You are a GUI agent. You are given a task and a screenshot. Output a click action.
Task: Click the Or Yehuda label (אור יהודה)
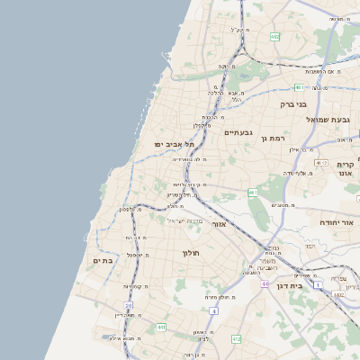[x=337, y=221]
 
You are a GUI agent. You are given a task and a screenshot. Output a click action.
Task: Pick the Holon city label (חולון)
[x=194, y=253]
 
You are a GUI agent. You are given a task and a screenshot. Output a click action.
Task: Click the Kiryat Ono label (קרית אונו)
[x=346, y=168]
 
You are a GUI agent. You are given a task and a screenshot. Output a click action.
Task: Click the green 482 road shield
[x=274, y=36]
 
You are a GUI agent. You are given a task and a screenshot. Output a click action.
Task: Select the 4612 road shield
[x=321, y=163]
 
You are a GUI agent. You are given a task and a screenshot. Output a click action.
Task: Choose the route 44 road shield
[x=265, y=283]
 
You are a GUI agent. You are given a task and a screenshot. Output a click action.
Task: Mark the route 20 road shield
[x=129, y=306]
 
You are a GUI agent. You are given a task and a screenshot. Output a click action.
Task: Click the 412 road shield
[x=236, y=338]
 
